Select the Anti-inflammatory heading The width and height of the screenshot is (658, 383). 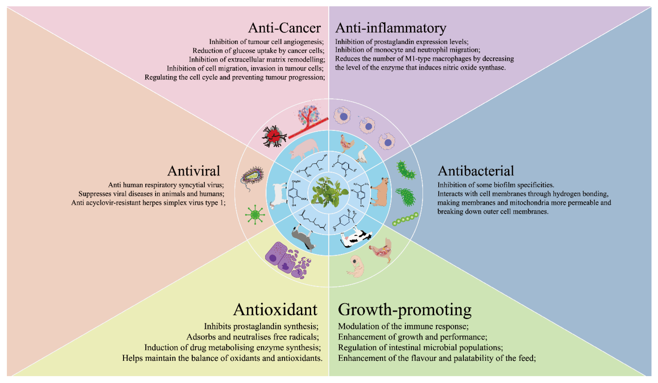pyautogui.click(x=391, y=28)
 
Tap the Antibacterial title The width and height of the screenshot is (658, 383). pyautogui.click(x=476, y=171)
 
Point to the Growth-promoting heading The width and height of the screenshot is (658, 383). pyautogui.click(x=404, y=310)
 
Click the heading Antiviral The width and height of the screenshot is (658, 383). pyautogui.click(x=194, y=171)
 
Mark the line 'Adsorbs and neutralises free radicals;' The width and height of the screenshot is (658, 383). pyautogui.click(x=253, y=337)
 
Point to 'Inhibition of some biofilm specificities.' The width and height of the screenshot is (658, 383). pyautogui.click(x=496, y=185)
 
